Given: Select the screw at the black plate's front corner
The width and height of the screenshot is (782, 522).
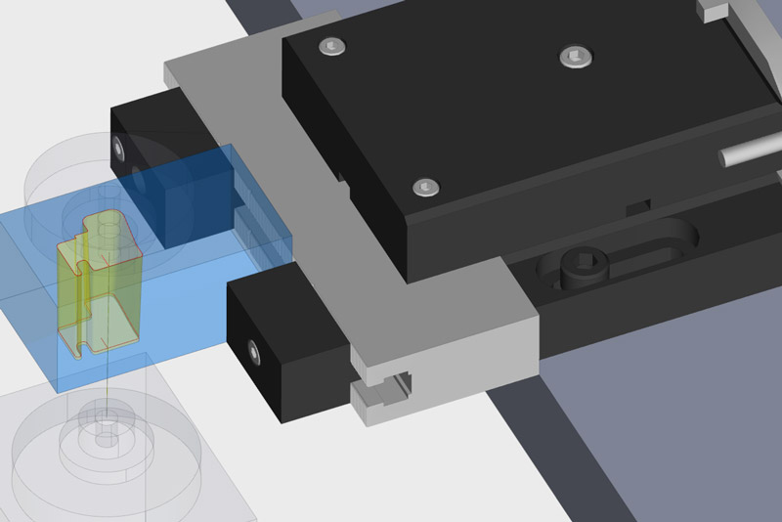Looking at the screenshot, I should tap(424, 186).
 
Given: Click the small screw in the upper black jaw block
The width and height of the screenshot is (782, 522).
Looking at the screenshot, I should tap(120, 147).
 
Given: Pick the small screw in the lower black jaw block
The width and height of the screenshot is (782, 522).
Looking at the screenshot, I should tap(254, 349).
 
